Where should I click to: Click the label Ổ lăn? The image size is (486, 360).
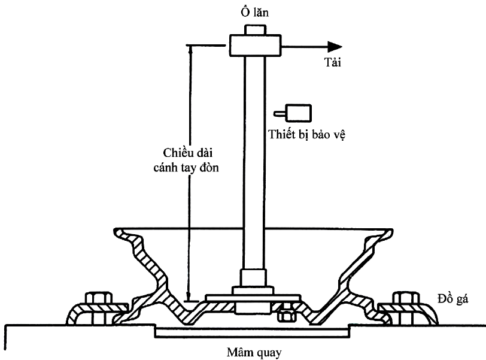click(254, 13)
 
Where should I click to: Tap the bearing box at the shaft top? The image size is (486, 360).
click(255, 46)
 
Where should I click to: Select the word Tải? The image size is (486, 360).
click(333, 62)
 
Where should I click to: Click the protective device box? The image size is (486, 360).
click(298, 113)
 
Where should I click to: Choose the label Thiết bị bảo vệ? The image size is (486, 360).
click(306, 135)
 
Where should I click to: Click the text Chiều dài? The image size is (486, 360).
click(187, 153)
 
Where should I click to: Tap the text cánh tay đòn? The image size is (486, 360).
click(186, 168)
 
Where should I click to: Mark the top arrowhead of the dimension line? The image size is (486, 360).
click(190, 50)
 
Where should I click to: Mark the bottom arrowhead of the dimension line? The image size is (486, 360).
click(188, 296)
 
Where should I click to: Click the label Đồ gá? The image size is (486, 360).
click(453, 299)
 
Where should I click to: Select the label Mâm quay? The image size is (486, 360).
click(254, 353)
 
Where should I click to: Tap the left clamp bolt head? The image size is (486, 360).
click(99, 297)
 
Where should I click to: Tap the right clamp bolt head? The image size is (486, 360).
click(406, 297)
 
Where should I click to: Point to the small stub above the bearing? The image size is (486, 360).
click(255, 30)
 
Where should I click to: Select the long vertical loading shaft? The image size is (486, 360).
click(254, 163)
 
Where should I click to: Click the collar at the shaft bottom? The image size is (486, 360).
click(254, 278)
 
